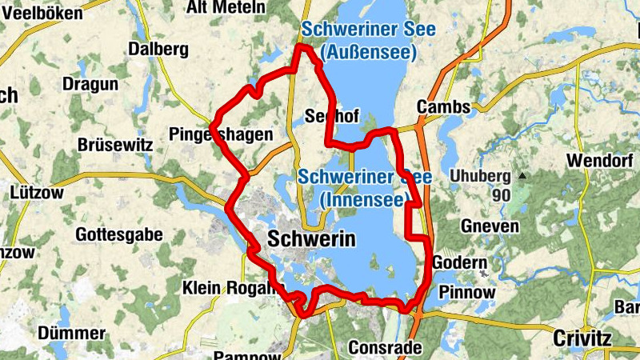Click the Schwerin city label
click(311, 239)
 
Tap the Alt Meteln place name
click(225, 7)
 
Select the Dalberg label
click(158, 49)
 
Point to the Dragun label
click(90, 83)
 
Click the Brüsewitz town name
click(114, 146)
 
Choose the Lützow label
click(37, 192)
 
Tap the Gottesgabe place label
click(118, 235)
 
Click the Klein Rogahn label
click(233, 287)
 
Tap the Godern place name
click(459, 262)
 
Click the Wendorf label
click(601, 160)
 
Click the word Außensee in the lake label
click(368, 53)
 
